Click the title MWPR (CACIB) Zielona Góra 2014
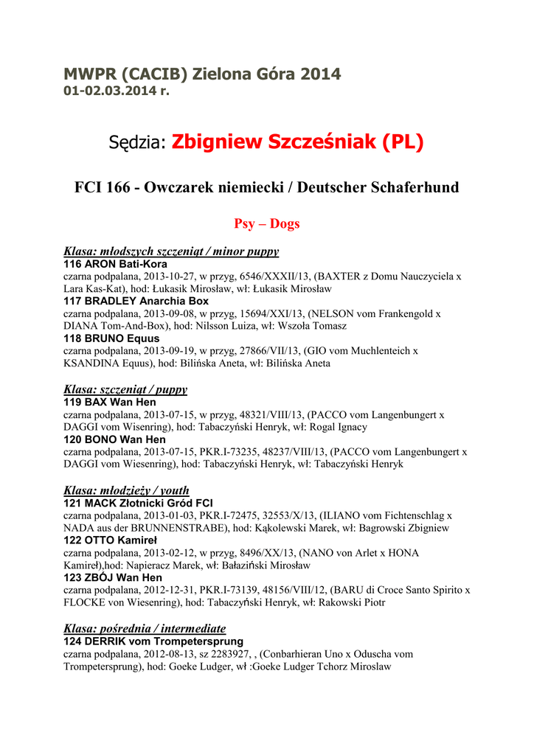(x=201, y=74)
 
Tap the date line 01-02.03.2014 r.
(x=116, y=91)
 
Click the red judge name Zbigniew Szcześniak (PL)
(x=297, y=142)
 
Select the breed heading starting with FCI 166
(x=267, y=188)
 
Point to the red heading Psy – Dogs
(x=267, y=223)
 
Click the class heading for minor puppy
(x=171, y=251)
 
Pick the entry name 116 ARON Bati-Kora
(x=115, y=264)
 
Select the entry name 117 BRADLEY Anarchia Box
(x=136, y=301)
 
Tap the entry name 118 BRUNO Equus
(x=111, y=338)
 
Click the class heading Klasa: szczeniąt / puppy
(x=125, y=389)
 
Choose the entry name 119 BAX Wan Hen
(x=109, y=403)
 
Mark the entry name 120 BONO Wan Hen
(x=114, y=439)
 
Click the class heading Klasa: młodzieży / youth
(x=126, y=490)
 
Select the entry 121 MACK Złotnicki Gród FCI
(x=138, y=503)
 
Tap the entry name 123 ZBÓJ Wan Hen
(x=114, y=577)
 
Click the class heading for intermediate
(x=145, y=629)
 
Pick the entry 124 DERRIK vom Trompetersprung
(x=153, y=641)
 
